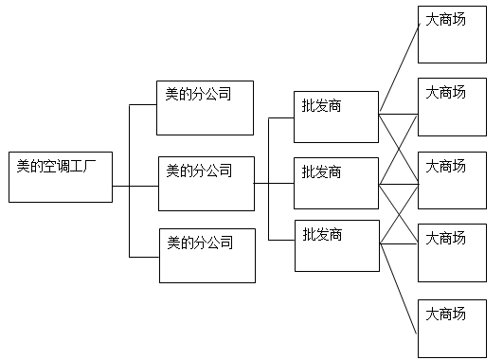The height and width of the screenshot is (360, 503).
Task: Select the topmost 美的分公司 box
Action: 206,107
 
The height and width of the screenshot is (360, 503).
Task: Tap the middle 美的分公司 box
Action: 207,183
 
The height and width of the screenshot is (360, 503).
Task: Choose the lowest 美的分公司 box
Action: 207,255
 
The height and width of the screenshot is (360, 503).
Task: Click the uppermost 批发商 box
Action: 335,117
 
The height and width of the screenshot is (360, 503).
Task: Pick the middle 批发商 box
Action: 335,183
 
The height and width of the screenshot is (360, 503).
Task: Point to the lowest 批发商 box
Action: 338,245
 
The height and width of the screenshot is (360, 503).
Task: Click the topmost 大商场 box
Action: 452,34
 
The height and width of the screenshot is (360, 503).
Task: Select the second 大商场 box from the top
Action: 452,107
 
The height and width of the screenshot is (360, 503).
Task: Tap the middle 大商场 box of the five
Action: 452,180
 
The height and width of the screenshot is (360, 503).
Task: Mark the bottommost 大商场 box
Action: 452,328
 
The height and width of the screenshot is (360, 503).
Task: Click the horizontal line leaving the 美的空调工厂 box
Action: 121,186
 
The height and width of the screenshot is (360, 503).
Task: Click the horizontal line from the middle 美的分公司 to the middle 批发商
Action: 275,183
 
